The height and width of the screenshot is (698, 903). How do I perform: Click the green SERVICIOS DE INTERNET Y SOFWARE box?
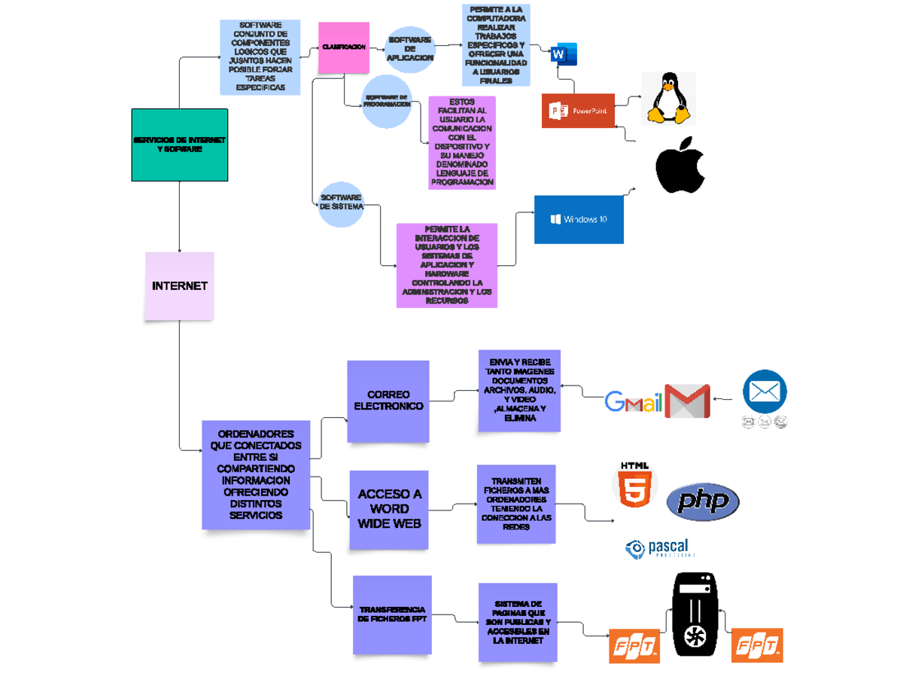pyautogui.click(x=179, y=145)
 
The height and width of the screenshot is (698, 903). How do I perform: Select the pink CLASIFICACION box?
pyautogui.click(x=343, y=47)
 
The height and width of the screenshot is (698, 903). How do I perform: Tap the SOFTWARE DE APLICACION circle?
pyautogui.click(x=409, y=49)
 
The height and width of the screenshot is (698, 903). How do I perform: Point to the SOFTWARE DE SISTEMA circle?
pyautogui.click(x=341, y=203)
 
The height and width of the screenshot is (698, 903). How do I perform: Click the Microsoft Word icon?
pyautogui.click(x=564, y=54)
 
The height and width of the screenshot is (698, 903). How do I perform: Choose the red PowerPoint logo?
pyautogui.click(x=578, y=111)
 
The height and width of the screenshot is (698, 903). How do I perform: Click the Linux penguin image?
pyautogui.click(x=667, y=98)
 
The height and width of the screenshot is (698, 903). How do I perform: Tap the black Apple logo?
pyautogui.click(x=680, y=166)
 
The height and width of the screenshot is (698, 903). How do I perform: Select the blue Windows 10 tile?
pyautogui.click(x=579, y=219)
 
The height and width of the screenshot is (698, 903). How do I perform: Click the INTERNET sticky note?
pyautogui.click(x=179, y=286)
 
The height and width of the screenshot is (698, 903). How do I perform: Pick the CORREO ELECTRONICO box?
pyautogui.click(x=388, y=401)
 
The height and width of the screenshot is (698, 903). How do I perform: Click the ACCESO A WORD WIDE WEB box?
pyautogui.click(x=389, y=508)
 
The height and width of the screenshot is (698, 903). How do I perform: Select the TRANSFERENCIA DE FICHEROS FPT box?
pyautogui.click(x=392, y=614)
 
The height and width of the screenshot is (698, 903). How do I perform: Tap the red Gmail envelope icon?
pyautogui.click(x=687, y=401)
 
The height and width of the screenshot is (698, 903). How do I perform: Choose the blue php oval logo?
pyautogui.click(x=703, y=501)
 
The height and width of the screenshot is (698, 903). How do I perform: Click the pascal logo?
pyautogui.click(x=658, y=548)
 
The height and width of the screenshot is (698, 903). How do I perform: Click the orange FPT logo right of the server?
pyautogui.click(x=757, y=645)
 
